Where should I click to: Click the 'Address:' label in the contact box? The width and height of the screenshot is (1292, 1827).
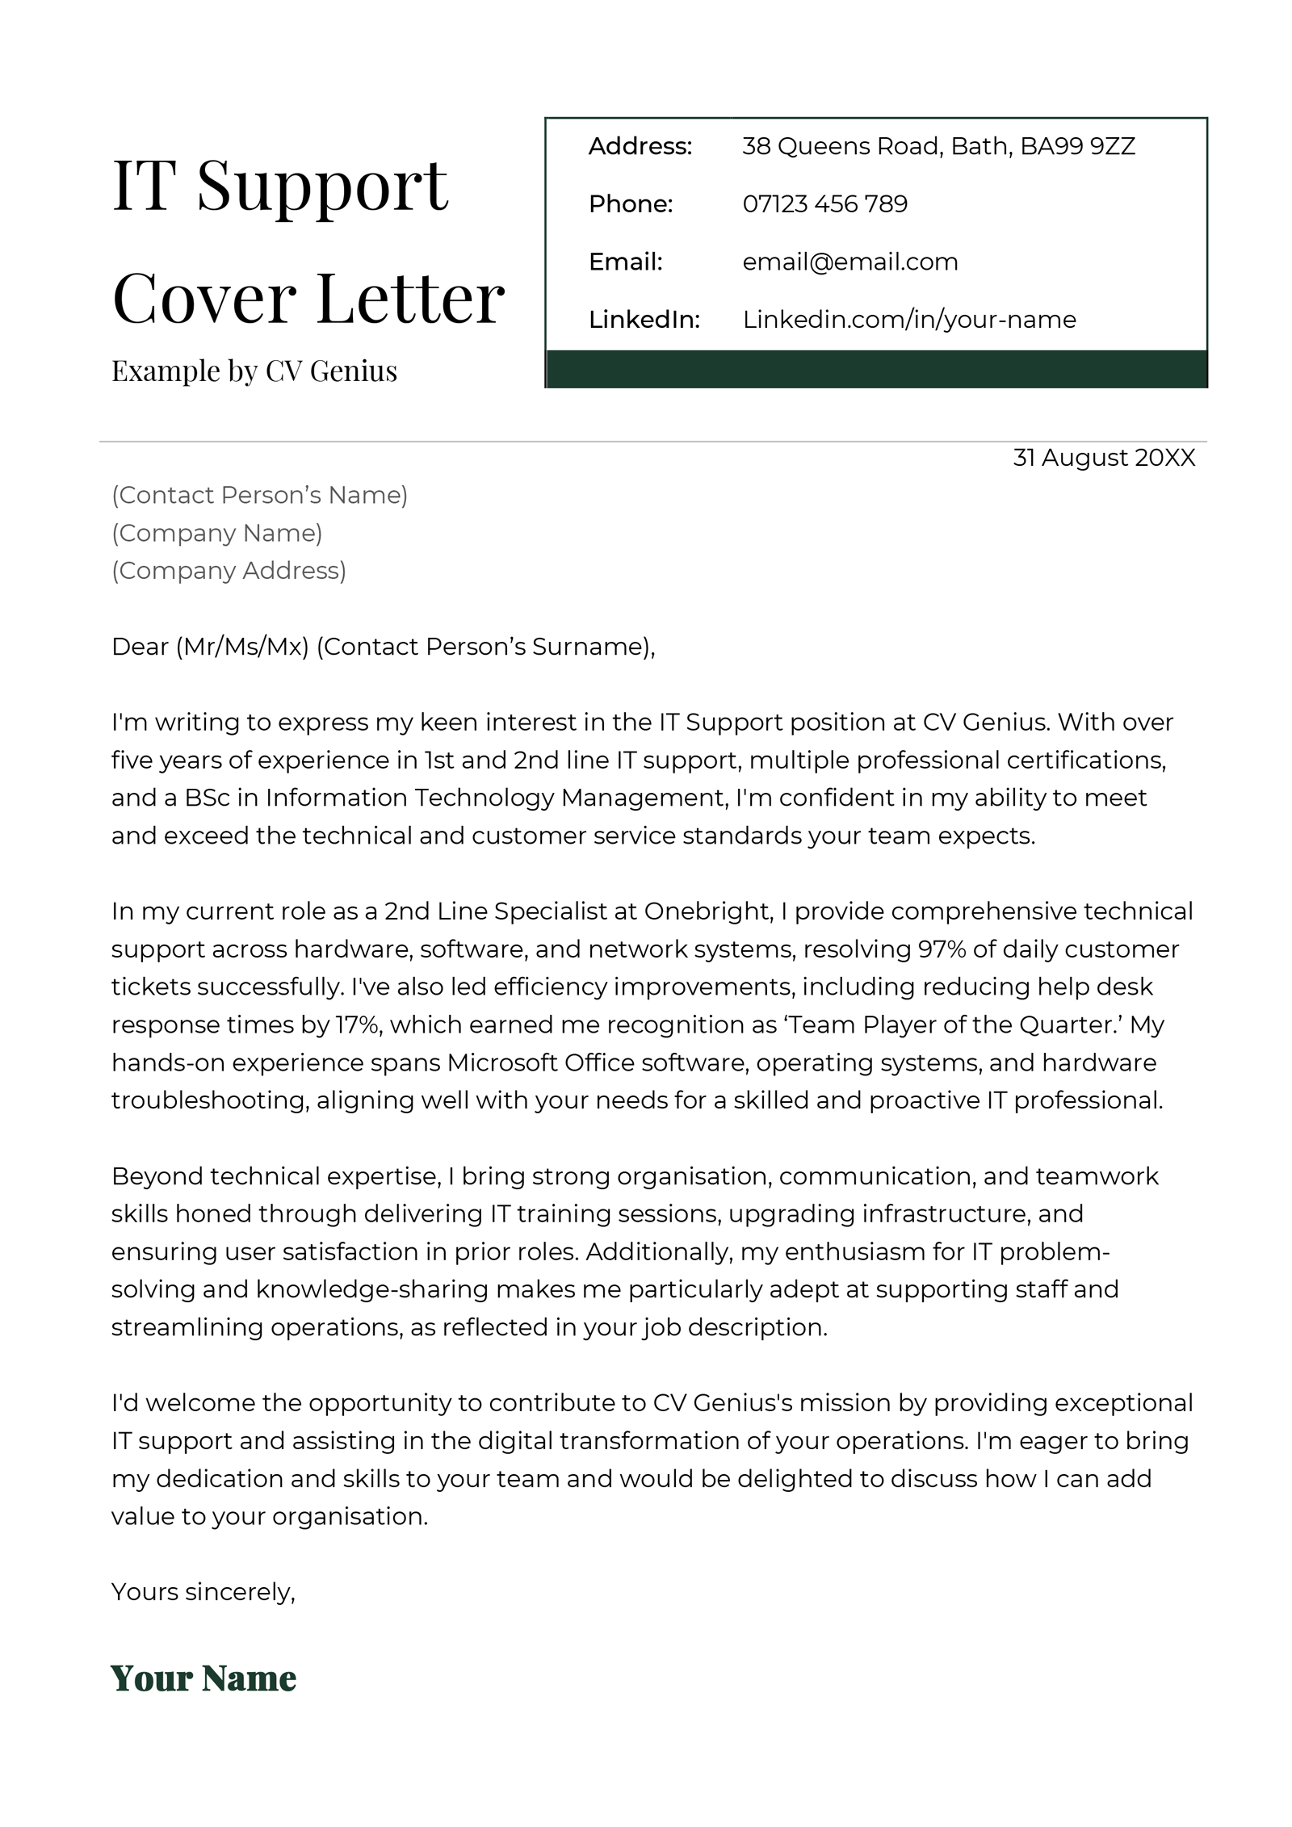(640, 146)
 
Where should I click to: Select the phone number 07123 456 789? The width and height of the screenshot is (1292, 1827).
(824, 203)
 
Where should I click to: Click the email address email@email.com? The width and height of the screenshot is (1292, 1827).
(849, 262)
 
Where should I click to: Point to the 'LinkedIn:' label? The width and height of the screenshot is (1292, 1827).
(644, 320)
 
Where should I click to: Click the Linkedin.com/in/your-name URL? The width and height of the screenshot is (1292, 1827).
(908, 320)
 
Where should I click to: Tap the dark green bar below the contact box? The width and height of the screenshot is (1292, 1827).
(875, 369)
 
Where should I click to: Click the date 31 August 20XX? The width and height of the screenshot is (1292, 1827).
(1103, 458)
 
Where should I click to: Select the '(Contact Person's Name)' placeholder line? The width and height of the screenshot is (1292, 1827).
(259, 495)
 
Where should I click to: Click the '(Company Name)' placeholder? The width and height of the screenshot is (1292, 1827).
(216, 533)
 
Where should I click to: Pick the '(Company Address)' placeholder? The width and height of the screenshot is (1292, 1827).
(229, 571)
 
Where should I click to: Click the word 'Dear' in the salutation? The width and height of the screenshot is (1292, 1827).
(140, 647)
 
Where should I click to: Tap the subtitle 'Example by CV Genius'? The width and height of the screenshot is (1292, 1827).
(254, 371)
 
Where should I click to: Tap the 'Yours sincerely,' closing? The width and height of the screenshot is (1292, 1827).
(203, 1592)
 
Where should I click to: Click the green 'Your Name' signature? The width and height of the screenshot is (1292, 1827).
(203, 1678)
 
